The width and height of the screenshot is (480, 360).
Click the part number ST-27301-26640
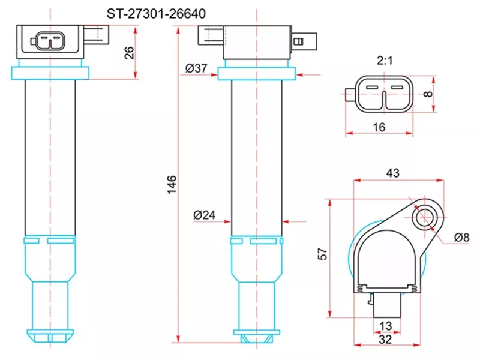point(155,13)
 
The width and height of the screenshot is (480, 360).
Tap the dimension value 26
point(128,52)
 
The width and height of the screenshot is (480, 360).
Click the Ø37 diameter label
point(196,68)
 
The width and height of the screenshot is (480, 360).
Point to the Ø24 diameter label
point(205,214)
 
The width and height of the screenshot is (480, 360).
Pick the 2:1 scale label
point(385,61)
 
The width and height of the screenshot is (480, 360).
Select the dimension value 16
point(379,127)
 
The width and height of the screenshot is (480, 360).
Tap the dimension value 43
point(392,172)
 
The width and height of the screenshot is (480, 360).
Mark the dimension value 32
point(386,339)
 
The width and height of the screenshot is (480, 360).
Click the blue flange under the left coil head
point(51,73)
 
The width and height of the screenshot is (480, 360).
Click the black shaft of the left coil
point(51,156)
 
